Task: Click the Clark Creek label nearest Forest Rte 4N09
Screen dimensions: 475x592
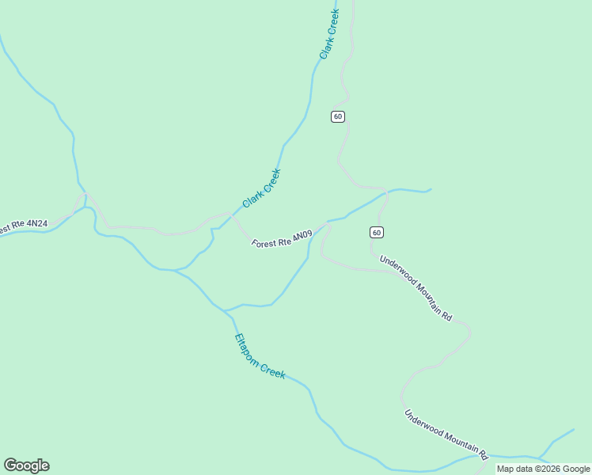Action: [x=262, y=188]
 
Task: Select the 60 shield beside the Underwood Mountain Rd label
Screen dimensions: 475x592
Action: [x=377, y=232]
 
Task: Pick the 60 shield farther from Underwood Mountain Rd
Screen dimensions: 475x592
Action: [x=338, y=116]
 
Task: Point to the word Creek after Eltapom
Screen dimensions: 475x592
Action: [x=272, y=370]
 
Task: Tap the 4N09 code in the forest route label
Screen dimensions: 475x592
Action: [x=302, y=237]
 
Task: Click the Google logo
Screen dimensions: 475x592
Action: [x=26, y=465]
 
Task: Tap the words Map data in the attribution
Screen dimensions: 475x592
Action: [x=514, y=469]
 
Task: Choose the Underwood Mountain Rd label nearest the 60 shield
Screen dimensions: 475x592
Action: [x=416, y=287]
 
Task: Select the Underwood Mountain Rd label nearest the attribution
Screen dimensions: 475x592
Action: [x=446, y=435]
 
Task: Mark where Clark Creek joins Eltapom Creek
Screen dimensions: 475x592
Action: [x=175, y=270]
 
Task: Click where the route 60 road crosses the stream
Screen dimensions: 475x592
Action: [x=385, y=192]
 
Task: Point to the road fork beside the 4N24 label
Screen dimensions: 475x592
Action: [x=85, y=195]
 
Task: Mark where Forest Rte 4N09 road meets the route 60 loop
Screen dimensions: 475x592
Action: [x=326, y=223]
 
